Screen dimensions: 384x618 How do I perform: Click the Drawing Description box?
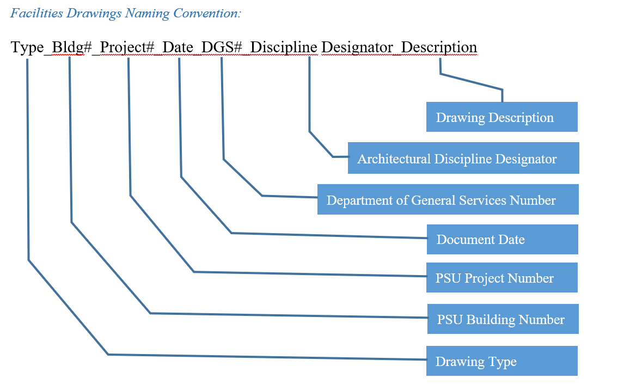pos(501,117)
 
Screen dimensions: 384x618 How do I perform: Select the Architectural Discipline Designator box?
pos(463,159)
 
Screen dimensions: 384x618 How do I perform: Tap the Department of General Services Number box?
pos(448,200)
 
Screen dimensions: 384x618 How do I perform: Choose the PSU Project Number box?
pos(501,278)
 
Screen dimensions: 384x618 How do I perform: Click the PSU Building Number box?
pos(503,319)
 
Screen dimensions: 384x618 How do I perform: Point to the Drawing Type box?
pos(501,361)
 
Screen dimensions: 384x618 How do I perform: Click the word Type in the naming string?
pos(27,47)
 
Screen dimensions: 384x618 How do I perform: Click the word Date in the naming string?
pos(178,47)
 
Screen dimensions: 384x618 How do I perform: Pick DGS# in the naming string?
pos(221,47)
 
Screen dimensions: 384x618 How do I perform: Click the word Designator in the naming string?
pos(359,47)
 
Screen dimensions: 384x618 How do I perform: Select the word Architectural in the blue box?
pos(394,159)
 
